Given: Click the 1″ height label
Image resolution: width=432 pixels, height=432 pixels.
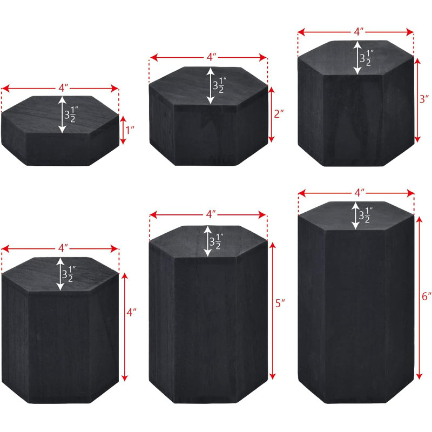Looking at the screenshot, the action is point(130,130).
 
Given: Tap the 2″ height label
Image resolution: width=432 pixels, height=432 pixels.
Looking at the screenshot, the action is point(279,113).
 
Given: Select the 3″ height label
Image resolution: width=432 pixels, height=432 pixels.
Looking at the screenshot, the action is point(424,99).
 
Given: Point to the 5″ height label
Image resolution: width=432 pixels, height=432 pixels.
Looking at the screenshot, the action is point(280,303).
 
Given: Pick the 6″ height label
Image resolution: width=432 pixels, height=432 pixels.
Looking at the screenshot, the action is point(427,296).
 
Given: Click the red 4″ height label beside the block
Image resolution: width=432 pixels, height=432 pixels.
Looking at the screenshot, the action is point(132,312).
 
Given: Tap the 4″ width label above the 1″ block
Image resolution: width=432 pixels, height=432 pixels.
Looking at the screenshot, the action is point(63,88).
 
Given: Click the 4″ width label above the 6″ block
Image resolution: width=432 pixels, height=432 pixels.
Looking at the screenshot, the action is point(359,193).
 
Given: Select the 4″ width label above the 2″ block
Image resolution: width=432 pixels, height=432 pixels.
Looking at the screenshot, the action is point(212,57).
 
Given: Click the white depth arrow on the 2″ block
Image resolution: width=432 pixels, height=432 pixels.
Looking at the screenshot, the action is point(211,86).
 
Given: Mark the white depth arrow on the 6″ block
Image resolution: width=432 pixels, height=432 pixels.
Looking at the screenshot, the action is point(355,215).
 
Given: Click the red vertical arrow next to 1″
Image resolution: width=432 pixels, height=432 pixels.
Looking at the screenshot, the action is point(123,130).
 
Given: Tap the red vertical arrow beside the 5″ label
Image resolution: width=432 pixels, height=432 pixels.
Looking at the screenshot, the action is point(273,311).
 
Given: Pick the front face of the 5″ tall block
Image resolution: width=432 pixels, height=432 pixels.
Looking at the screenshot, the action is point(206,329).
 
